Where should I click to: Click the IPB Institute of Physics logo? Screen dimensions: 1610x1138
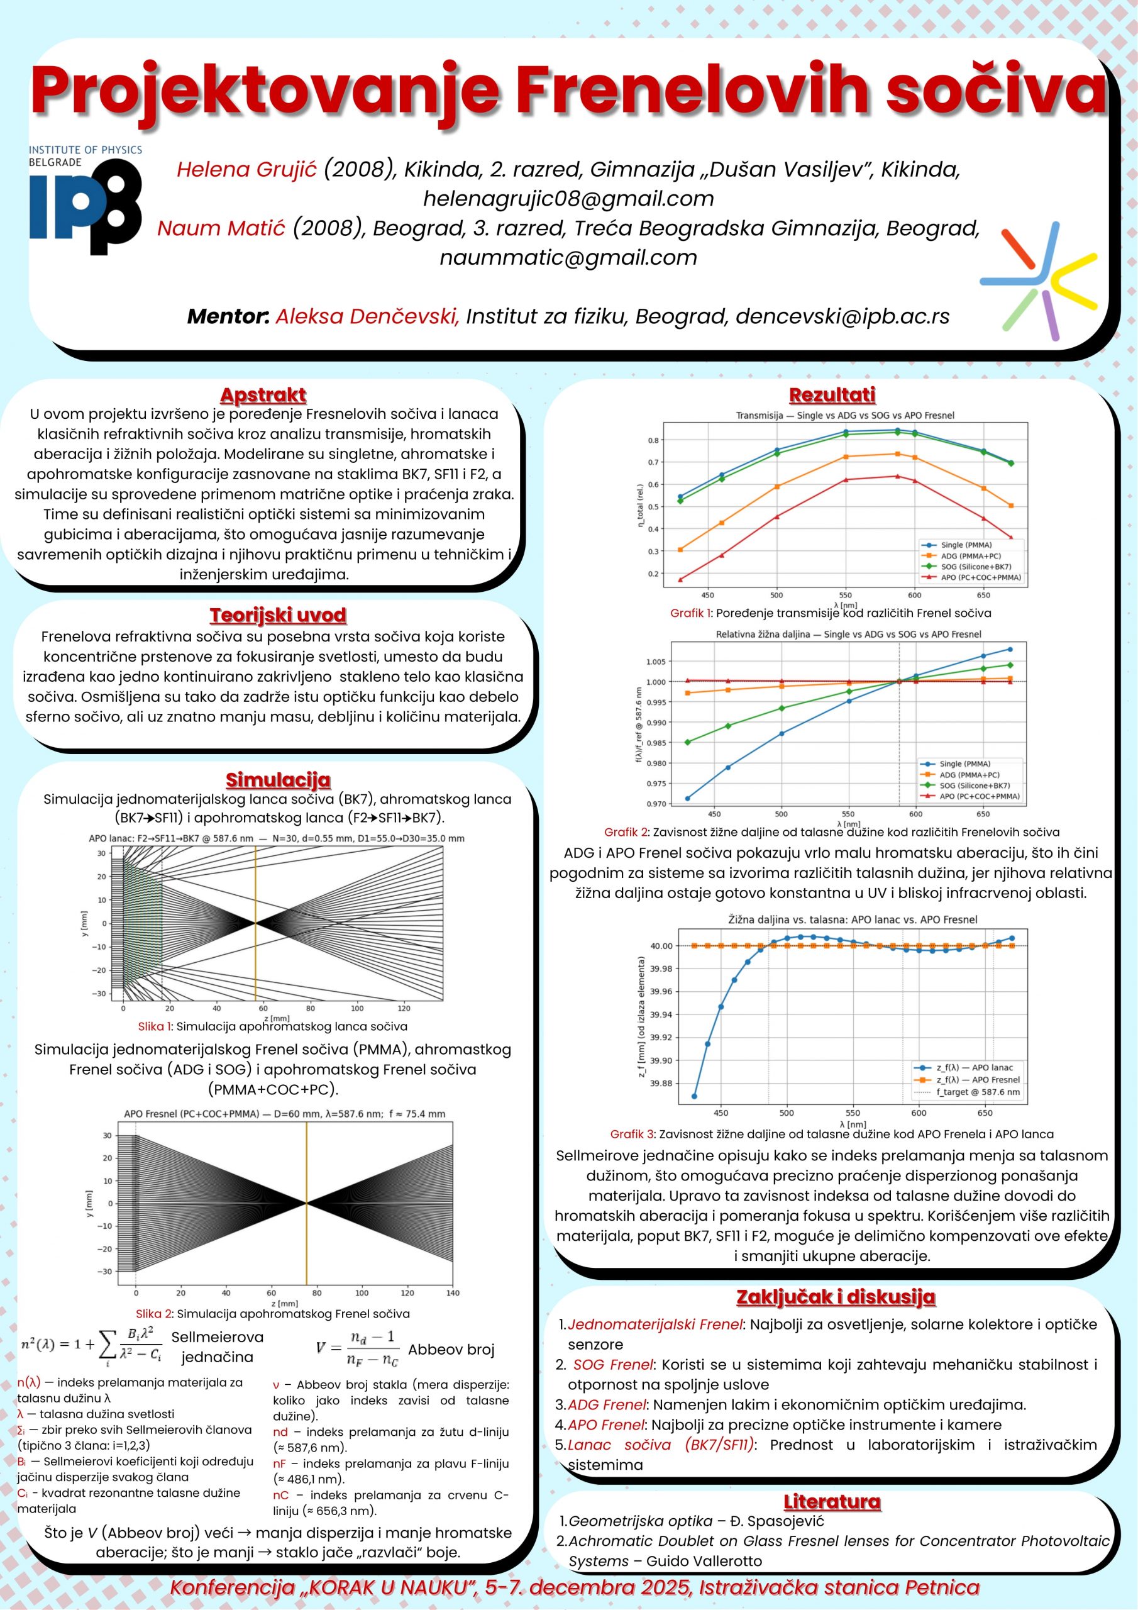tap(85, 200)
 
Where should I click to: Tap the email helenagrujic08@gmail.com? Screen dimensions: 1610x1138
tap(568, 199)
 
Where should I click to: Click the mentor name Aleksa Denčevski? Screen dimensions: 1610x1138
tap(367, 316)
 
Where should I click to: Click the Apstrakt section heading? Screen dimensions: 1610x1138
tap(263, 395)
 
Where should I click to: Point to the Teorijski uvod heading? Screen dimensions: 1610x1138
tap(278, 615)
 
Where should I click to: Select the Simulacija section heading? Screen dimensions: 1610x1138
tap(278, 780)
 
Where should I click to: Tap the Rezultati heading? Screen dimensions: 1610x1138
tap(832, 395)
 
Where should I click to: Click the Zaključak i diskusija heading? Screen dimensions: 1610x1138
tap(835, 1297)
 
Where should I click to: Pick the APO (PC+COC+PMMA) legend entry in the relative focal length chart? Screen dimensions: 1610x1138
tap(979, 796)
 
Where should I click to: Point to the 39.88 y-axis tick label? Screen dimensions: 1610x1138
tap(661, 1084)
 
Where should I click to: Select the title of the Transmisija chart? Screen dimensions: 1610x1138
tap(845, 415)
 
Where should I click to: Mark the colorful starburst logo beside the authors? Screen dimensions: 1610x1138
tap(1039, 275)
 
